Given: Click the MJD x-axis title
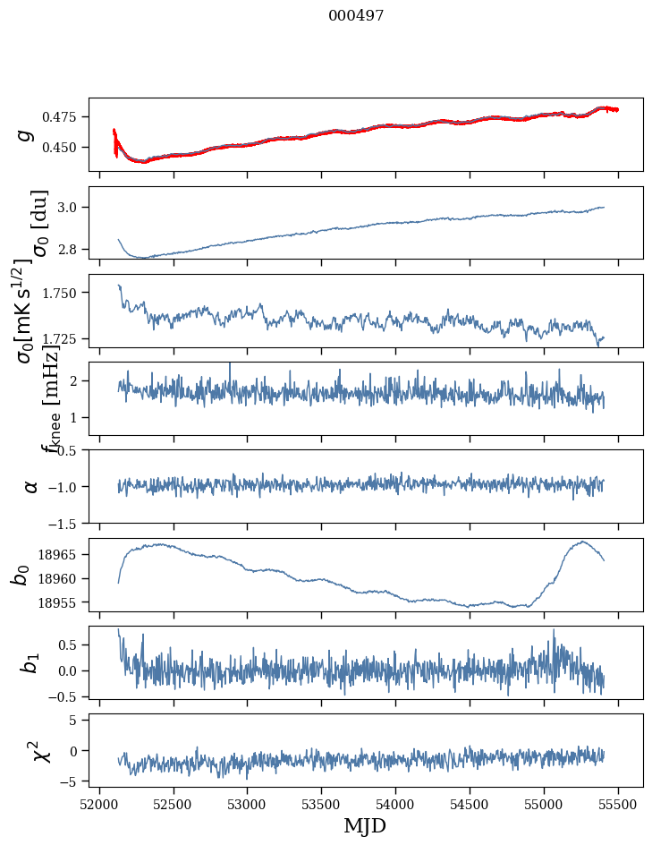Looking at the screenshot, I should click(x=365, y=825).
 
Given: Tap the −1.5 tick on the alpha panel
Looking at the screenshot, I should click(x=65, y=523).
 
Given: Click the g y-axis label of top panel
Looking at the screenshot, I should click(x=26, y=134).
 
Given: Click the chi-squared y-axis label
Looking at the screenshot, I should click(x=38, y=750).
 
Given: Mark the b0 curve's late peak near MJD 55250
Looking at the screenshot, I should click(x=582, y=542).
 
